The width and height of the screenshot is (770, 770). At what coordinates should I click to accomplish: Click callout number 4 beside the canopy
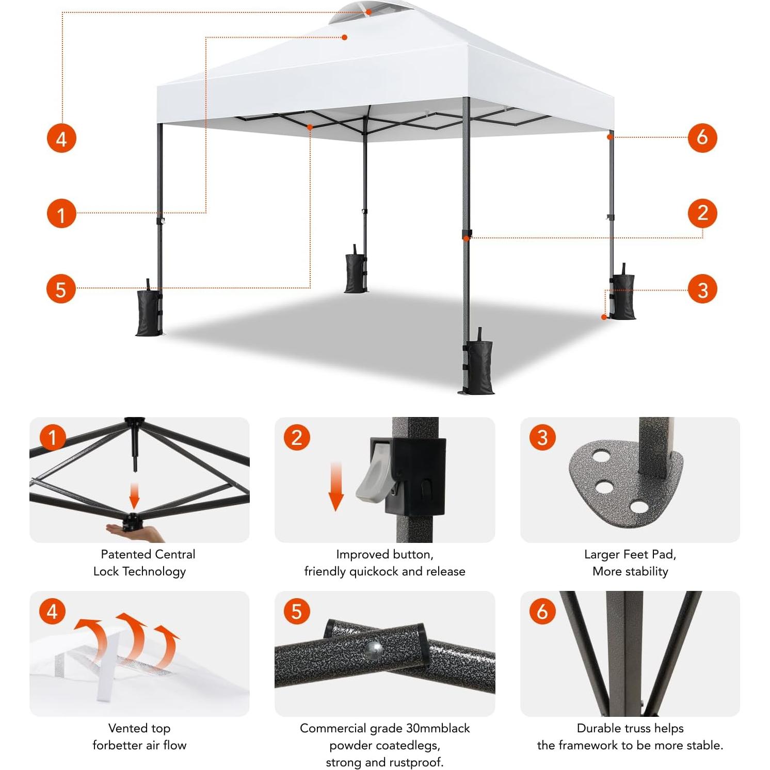61,138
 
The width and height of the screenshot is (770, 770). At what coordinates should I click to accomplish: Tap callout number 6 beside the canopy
702,137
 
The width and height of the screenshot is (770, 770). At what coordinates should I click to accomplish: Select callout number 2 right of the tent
702,213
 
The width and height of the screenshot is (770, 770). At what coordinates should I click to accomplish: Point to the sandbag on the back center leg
355,274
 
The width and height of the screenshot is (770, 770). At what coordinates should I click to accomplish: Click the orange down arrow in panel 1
134,495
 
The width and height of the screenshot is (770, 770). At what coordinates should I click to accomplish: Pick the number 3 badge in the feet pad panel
542,438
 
